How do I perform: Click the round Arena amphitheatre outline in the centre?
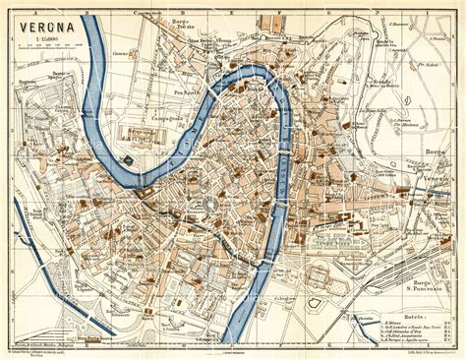pos(208,206)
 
